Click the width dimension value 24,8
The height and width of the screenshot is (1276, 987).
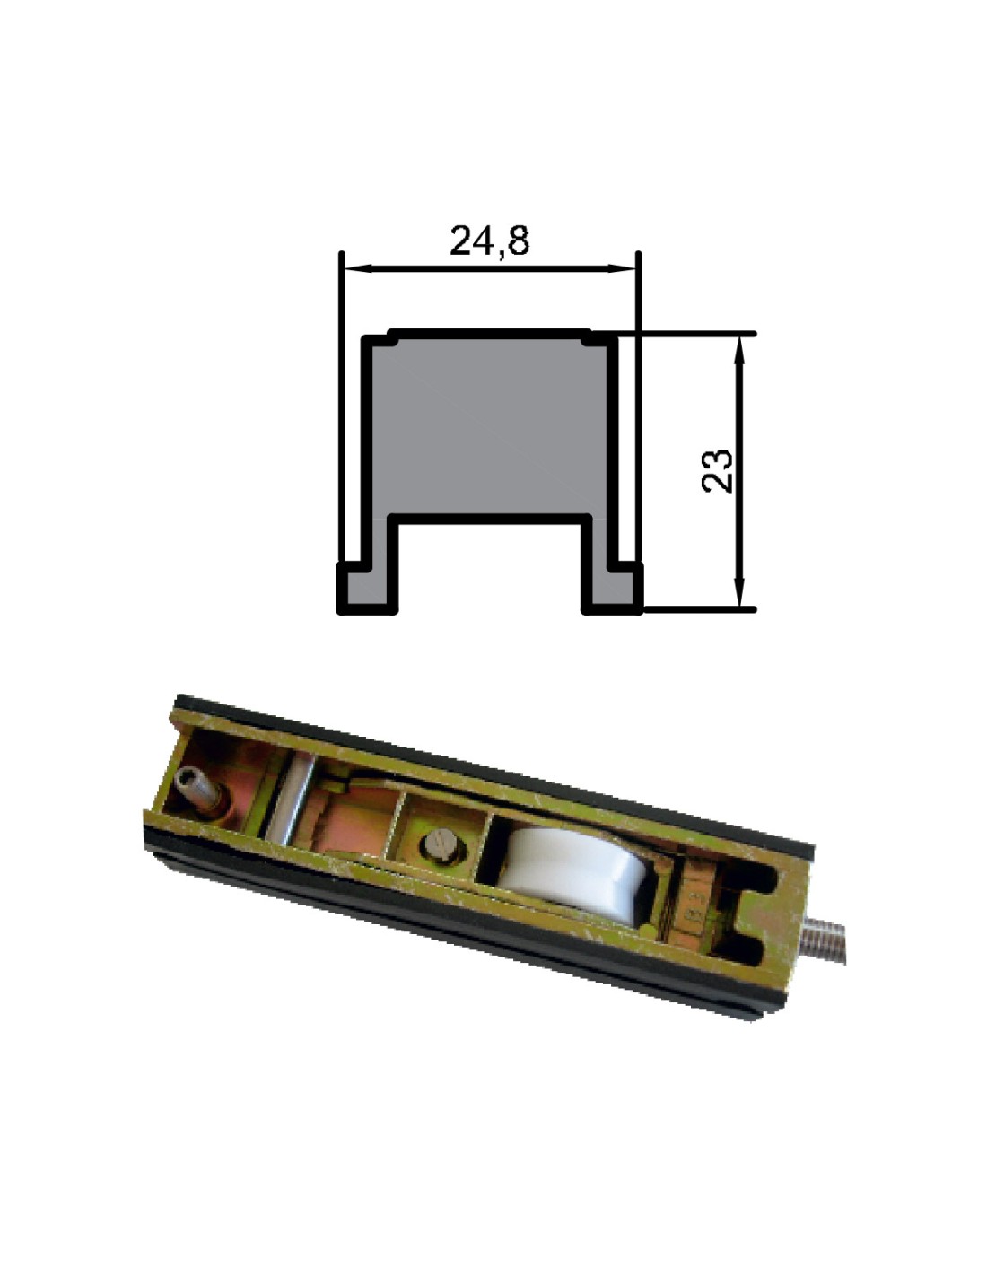pyautogui.click(x=489, y=240)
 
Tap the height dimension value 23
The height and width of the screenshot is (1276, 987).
pyautogui.click(x=717, y=471)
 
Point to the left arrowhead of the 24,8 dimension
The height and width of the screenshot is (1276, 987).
pyautogui.click(x=358, y=269)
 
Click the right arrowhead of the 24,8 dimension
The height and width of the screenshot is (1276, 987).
pyautogui.click(x=622, y=269)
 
